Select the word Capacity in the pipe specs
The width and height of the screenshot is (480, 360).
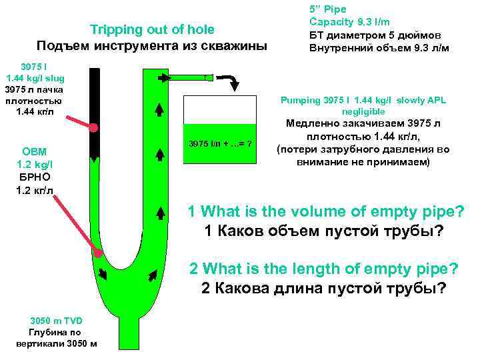point(331,23)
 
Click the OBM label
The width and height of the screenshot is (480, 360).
point(34,151)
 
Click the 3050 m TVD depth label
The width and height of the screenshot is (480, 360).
point(56,319)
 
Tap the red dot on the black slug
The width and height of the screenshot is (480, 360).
point(94,127)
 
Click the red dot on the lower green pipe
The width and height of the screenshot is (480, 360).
point(99,253)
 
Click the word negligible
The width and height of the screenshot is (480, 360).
point(363,111)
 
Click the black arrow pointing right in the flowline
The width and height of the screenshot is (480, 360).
point(164,79)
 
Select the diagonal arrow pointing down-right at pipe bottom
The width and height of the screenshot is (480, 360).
point(102,273)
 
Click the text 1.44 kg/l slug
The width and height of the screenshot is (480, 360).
point(34,78)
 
